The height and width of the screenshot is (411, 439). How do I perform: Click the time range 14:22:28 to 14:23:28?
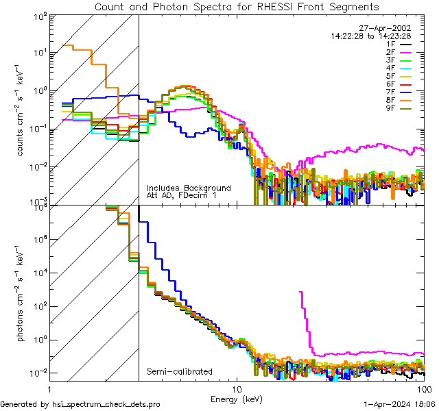[x=371, y=36]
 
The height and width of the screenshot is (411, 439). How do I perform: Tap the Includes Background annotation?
[x=189, y=188]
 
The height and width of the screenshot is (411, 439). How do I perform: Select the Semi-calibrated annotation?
[x=179, y=372]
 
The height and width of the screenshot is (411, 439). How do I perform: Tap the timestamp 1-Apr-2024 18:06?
[x=399, y=404]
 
